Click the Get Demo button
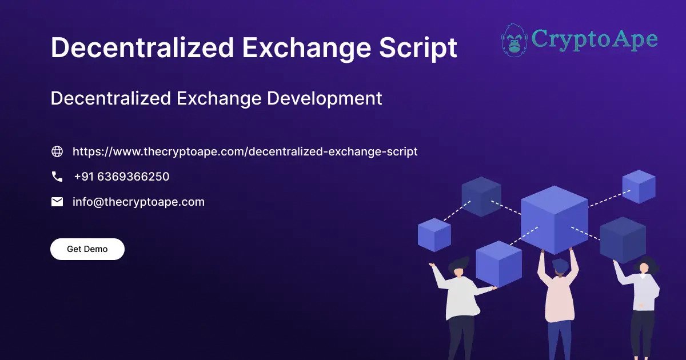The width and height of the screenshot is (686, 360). (x=87, y=249)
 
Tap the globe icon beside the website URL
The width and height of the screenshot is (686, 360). (x=57, y=151)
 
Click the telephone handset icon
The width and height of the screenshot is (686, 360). (x=57, y=177)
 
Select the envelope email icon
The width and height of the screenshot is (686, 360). (x=57, y=202)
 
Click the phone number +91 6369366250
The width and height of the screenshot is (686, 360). (x=121, y=177)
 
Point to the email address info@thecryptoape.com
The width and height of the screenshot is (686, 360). (x=138, y=202)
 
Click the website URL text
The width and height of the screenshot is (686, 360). (x=245, y=151)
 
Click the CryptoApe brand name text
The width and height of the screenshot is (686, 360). (x=594, y=39)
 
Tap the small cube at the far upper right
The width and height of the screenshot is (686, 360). (x=639, y=186)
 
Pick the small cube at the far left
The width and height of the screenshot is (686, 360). (x=434, y=234)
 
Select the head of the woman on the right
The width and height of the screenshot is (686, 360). (x=644, y=266)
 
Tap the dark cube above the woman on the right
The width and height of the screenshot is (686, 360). (x=623, y=239)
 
